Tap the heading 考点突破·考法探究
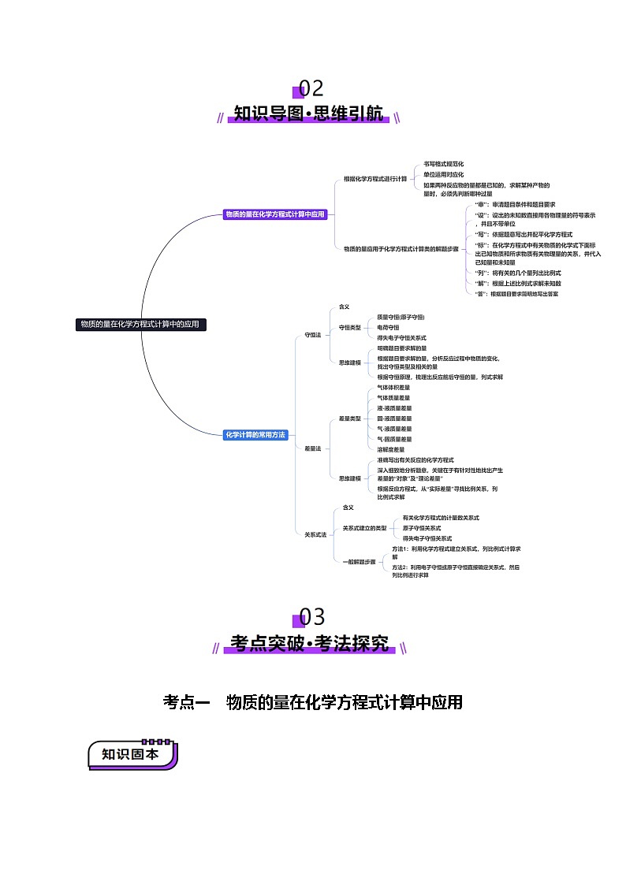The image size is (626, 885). click(x=310, y=644)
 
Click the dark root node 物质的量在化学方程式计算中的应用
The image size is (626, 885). click(x=140, y=324)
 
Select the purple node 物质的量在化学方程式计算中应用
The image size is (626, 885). click(x=274, y=214)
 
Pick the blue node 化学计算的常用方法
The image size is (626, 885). click(x=255, y=434)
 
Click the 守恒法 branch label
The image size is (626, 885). click(x=312, y=335)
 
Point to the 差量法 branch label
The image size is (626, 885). click(x=312, y=448)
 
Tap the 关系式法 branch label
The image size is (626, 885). click(x=315, y=534)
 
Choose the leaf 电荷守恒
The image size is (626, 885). click(x=388, y=327)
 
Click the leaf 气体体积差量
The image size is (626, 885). click(x=393, y=388)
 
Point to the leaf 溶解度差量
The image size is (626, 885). click(x=391, y=449)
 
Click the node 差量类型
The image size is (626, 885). click(x=349, y=418)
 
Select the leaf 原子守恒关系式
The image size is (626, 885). click(x=421, y=528)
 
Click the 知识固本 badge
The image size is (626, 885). click(x=131, y=754)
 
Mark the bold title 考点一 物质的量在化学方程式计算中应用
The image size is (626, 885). click(x=312, y=702)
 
